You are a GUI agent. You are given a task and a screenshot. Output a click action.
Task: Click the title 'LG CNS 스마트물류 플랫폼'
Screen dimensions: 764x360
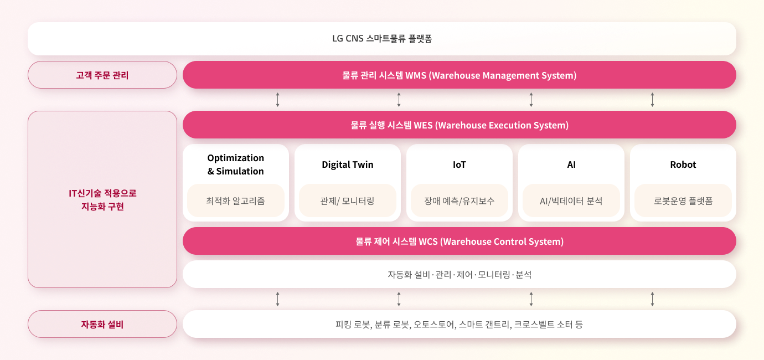pyautogui.click(x=382, y=39)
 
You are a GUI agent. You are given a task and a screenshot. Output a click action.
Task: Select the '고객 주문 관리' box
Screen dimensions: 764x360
pyautogui.click(x=102, y=75)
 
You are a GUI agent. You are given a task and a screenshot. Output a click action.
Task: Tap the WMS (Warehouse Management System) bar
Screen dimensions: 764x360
pyautogui.click(x=459, y=75)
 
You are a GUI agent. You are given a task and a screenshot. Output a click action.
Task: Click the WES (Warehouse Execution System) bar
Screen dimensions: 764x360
pyautogui.click(x=459, y=125)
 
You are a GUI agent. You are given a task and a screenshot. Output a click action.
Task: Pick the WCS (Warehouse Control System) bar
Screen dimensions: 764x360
pyautogui.click(x=459, y=241)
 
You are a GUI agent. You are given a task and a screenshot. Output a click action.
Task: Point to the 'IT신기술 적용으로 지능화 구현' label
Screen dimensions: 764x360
pyautogui.click(x=102, y=199)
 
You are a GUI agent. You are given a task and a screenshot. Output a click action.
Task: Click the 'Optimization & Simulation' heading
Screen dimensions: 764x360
pyautogui.click(x=236, y=164)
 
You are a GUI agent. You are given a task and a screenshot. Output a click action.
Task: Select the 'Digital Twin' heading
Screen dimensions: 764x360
pyautogui.click(x=348, y=164)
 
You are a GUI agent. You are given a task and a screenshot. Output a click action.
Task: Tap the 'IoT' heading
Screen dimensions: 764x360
pyautogui.click(x=459, y=164)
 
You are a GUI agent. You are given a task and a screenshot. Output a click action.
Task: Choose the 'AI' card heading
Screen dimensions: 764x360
pyautogui.click(x=571, y=164)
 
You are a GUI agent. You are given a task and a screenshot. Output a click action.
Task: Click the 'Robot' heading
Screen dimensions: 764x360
pyautogui.click(x=683, y=164)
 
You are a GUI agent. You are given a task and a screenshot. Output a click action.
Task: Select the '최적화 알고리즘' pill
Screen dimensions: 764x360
pyautogui.click(x=236, y=200)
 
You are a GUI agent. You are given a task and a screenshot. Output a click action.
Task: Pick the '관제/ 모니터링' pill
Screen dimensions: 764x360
pyautogui.click(x=348, y=200)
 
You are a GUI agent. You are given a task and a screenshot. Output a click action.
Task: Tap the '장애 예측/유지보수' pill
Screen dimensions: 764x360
pyautogui.click(x=459, y=200)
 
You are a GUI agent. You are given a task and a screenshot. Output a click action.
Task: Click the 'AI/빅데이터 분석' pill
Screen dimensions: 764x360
pyautogui.click(x=571, y=200)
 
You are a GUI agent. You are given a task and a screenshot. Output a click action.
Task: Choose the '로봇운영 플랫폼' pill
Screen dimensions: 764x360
pyautogui.click(x=683, y=200)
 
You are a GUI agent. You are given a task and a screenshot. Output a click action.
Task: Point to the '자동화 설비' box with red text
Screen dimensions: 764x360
pyautogui.click(x=102, y=324)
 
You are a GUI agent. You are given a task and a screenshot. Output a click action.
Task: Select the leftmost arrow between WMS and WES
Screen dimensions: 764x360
pyautogui.click(x=277, y=100)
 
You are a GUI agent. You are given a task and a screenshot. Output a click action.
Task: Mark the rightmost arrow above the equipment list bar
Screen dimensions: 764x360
pyautogui.click(x=652, y=299)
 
